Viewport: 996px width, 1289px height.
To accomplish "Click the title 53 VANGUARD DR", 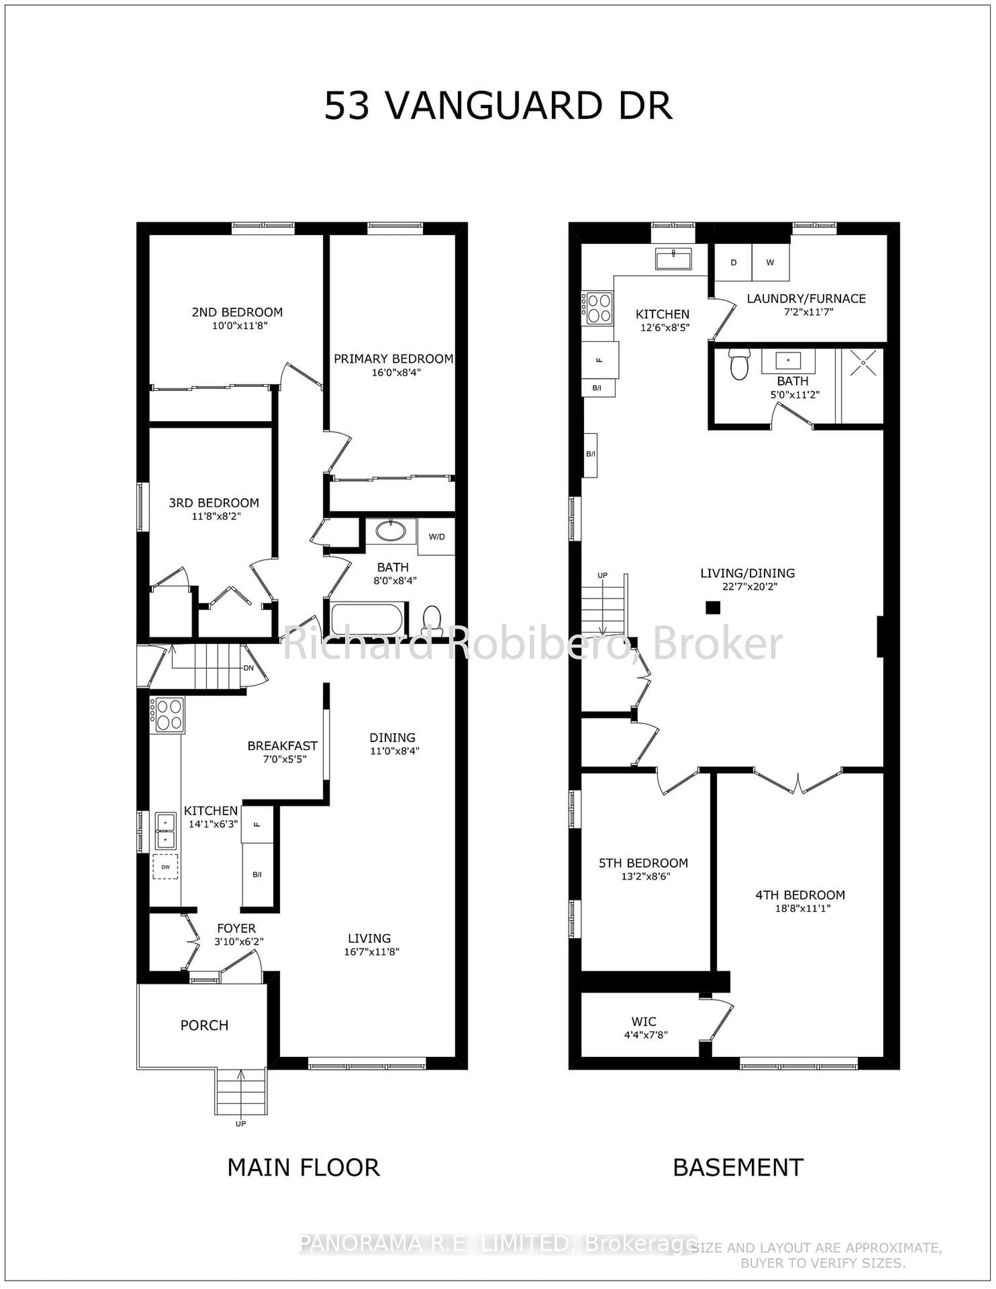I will coord(498,106).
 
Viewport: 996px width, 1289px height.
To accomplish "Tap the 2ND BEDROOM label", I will coord(237,312).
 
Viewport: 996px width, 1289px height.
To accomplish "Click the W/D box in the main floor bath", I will coord(437,537).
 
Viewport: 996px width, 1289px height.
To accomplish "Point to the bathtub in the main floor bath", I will coord(367,619).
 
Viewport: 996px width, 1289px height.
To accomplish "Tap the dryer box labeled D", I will coord(734,263).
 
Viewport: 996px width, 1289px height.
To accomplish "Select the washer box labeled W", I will coord(770,263).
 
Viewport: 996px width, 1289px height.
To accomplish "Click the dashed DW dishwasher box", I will coord(165,866).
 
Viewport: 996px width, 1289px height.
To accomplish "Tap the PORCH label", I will coord(204,1025).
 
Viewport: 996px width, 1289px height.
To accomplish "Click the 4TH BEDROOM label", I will coord(800,895).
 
